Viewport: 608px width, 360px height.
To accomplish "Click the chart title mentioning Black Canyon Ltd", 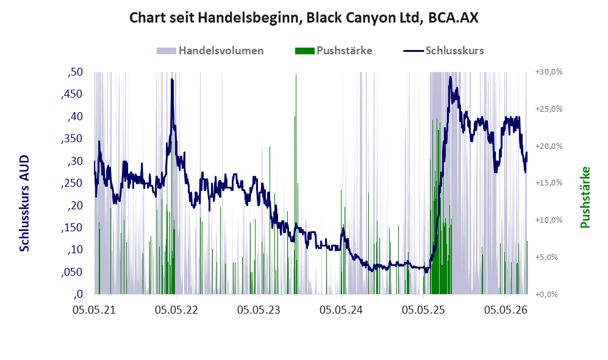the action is [x=304, y=18].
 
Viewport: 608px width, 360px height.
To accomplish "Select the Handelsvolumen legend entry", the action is [x=210, y=51].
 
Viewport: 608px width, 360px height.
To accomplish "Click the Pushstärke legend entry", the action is [x=334, y=51].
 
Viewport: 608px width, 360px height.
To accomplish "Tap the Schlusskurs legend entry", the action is [x=443, y=51].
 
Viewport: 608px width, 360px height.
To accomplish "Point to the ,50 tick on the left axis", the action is [x=75, y=72].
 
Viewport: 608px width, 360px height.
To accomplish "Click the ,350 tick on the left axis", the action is [x=72, y=139].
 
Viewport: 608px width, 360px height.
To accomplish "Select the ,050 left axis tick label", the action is [x=72, y=272].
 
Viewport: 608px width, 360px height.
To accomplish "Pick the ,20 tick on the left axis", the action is [x=75, y=205].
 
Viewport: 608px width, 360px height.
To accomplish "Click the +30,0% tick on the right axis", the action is [x=549, y=72].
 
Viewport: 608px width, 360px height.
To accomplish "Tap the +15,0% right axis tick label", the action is [x=549, y=182].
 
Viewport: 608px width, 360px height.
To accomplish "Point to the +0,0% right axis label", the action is [x=546, y=294].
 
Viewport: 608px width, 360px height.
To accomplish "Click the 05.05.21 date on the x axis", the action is [x=95, y=310].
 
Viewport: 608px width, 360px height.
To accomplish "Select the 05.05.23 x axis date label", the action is [x=259, y=310].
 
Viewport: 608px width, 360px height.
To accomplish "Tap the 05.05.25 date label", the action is [x=423, y=310].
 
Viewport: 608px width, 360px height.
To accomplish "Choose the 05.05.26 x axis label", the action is [x=506, y=310].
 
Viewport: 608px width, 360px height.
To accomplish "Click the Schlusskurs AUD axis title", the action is [x=24, y=203].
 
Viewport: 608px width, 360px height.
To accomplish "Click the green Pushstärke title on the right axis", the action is [x=585, y=198].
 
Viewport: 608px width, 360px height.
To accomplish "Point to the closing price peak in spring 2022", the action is [x=172, y=79].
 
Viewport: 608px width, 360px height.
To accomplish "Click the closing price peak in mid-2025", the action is [x=450, y=77].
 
